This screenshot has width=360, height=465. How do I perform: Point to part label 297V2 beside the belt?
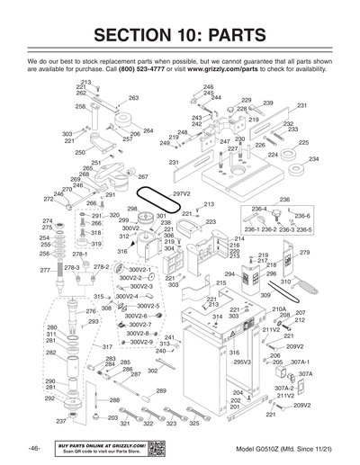(x=182, y=193)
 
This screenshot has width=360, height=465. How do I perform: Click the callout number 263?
(x=133, y=98)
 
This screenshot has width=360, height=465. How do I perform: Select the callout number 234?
(x=313, y=159)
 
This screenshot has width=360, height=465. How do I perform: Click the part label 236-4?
(x=259, y=210)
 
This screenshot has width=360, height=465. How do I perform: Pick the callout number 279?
(x=304, y=253)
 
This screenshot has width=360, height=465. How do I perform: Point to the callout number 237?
(x=61, y=421)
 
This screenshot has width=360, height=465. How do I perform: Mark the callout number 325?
(x=194, y=423)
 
